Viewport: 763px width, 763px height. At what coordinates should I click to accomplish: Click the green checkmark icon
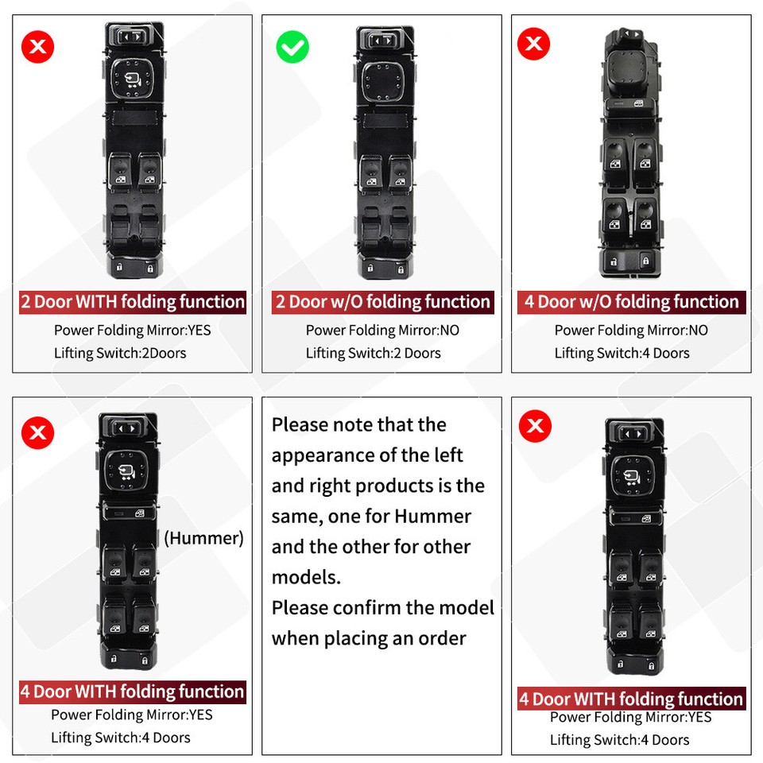point(292,48)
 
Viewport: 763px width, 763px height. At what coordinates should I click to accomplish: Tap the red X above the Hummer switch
point(37,433)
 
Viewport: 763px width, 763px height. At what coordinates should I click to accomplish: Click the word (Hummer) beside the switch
point(203,538)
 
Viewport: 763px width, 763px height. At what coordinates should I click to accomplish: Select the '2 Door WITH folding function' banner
point(133,302)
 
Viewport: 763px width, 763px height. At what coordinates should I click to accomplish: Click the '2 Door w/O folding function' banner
point(382,302)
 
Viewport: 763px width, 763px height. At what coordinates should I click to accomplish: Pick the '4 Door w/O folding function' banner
point(631,302)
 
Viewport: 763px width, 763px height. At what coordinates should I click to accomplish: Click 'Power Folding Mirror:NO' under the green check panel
point(382,330)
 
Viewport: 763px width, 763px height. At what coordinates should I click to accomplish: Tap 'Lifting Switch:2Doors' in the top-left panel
point(120,353)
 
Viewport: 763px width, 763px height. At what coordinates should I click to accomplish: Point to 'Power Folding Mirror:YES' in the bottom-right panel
point(630,718)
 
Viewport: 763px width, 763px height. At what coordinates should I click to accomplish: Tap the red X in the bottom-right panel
point(535,427)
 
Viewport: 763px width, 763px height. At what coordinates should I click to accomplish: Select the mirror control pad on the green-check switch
point(384,79)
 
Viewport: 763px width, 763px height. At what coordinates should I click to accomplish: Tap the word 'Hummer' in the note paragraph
point(432,517)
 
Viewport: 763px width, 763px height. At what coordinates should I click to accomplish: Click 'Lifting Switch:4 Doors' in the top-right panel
point(622,353)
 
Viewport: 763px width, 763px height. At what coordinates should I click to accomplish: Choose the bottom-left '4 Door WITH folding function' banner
point(133,691)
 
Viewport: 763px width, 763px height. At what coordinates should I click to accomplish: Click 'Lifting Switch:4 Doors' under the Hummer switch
point(121,738)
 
